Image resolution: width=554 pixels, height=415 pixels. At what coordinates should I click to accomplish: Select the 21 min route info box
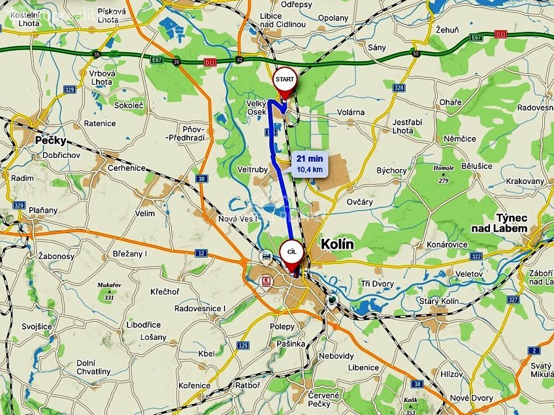(x=309, y=163)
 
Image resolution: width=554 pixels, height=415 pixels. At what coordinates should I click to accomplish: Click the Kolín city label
(x=337, y=244)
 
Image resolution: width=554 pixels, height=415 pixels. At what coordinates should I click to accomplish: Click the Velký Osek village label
(x=255, y=108)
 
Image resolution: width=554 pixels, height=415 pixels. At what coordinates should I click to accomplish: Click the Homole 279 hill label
(x=444, y=172)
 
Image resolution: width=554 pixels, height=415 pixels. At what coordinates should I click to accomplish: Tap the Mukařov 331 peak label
(x=108, y=289)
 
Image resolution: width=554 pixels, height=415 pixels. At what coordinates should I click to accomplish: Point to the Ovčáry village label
(x=360, y=202)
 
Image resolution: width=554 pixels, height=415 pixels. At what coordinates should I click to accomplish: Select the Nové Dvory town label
(x=472, y=398)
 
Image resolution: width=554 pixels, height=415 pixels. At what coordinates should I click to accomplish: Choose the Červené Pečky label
(x=325, y=399)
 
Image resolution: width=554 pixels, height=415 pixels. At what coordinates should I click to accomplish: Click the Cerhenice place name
(x=126, y=168)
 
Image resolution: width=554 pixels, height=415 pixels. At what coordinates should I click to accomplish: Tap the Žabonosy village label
(x=57, y=256)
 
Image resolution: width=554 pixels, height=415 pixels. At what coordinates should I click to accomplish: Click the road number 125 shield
(x=243, y=345)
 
